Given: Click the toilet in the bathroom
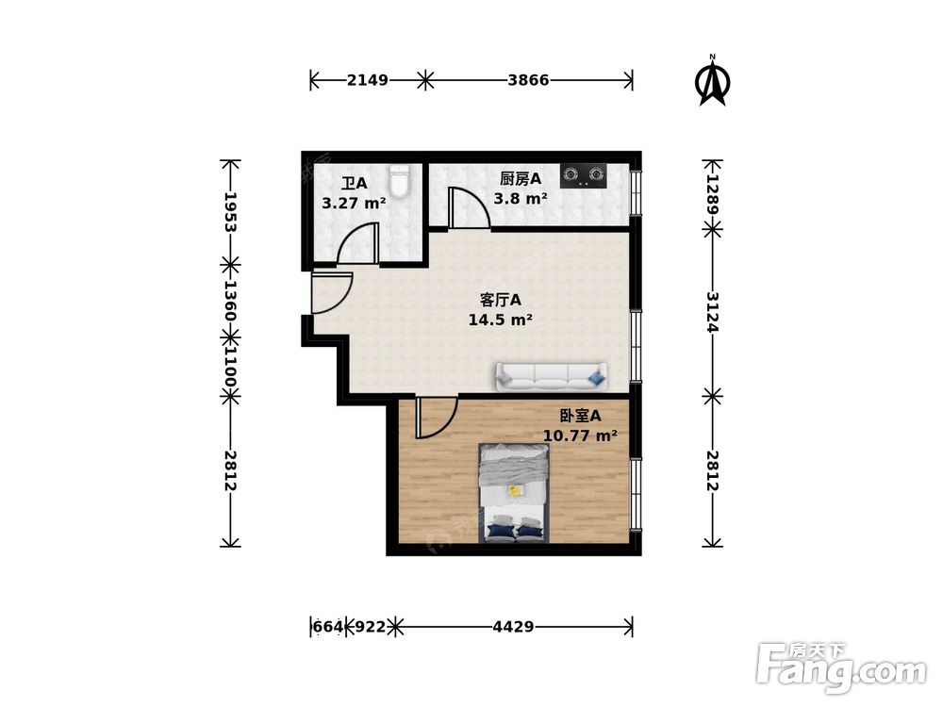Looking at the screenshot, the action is tap(399, 180).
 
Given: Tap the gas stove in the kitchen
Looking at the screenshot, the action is tap(583, 175).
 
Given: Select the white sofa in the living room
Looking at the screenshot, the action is tap(551, 376).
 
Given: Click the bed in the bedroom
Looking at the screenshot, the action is tap(514, 493).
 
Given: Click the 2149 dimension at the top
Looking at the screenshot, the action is tap(368, 80).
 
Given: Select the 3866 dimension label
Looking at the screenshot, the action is tap(528, 80).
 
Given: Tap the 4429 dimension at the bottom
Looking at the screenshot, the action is tap(513, 627).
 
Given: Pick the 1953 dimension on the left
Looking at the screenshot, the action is tap(230, 212).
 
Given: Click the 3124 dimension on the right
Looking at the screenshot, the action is tap(713, 313).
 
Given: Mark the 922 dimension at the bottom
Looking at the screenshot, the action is tap(371, 627).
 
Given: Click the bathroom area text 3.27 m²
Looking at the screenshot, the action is tap(354, 204).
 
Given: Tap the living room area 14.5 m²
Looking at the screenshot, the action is tap(500, 320).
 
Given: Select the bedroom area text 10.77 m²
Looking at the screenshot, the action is tap(580, 436).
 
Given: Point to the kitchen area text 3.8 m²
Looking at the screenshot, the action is tap(521, 198).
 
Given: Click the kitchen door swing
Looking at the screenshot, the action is tap(469, 208).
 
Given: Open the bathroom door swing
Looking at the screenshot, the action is tap(358, 243).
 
